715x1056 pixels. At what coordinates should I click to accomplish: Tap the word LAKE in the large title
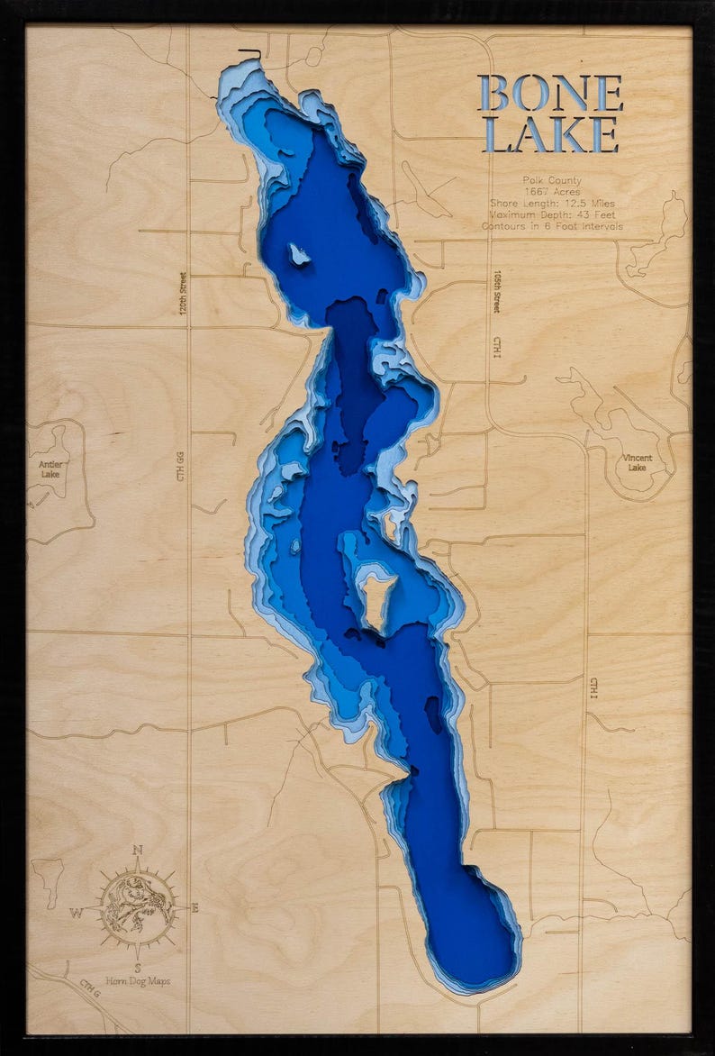551,134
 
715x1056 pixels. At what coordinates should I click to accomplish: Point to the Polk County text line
551,181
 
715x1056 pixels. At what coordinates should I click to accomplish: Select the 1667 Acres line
551,192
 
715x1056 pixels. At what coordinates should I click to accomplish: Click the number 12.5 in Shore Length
567,204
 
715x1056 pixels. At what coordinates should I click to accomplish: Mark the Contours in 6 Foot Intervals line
551,227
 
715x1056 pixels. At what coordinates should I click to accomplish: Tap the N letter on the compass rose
137,850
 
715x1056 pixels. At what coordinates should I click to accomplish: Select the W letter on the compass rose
77,912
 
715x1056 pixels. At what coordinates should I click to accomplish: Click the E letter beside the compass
195,908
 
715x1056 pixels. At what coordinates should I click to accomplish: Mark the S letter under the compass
137,968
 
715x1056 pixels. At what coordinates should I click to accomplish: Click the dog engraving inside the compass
137,905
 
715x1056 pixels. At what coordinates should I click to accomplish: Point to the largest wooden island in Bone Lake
377,595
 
